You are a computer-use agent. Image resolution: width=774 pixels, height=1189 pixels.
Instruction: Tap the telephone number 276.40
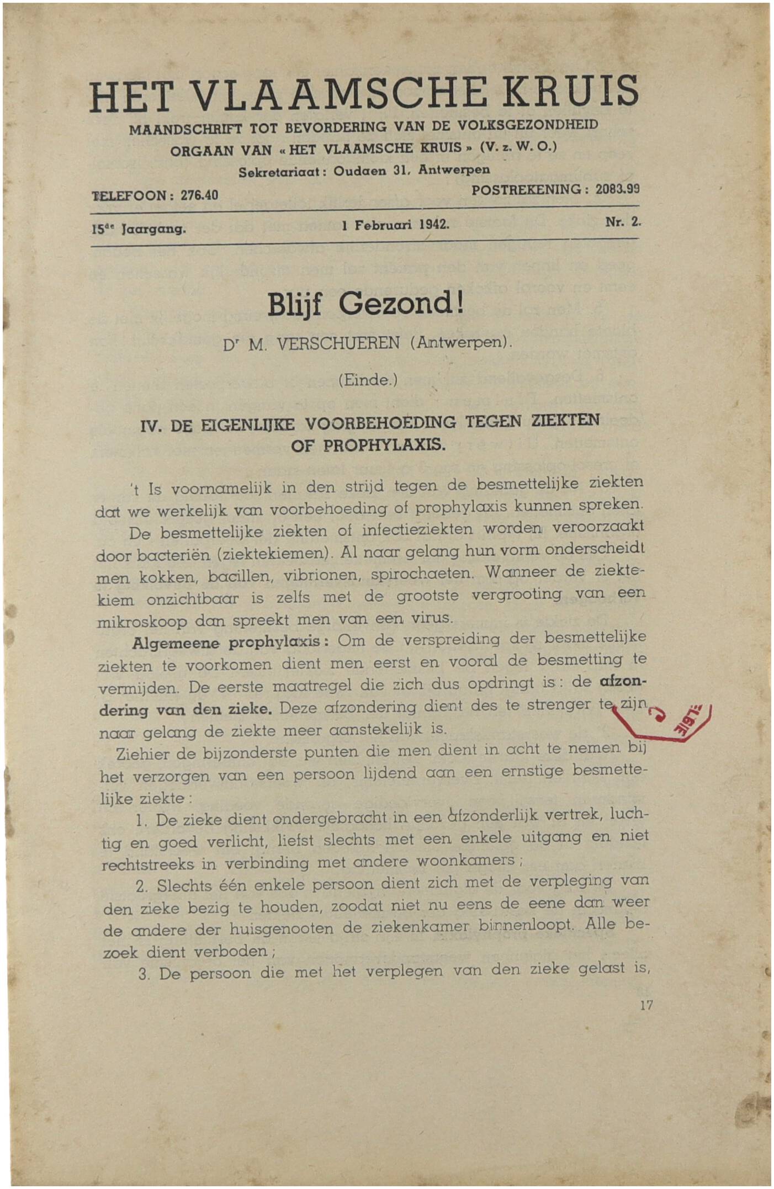pyautogui.click(x=199, y=195)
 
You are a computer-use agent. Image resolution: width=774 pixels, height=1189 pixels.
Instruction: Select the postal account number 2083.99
pyautogui.click(x=617, y=189)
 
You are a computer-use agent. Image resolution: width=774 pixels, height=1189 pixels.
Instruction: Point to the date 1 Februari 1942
pyautogui.click(x=395, y=226)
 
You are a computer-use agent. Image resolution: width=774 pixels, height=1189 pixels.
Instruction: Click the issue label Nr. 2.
pyautogui.click(x=623, y=222)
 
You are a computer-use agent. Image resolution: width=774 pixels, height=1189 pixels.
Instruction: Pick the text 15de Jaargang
pyautogui.click(x=139, y=228)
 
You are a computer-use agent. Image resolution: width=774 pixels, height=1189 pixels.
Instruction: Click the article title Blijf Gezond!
pyautogui.click(x=365, y=304)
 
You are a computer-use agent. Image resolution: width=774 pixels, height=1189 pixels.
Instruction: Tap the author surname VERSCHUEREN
pyautogui.click(x=337, y=344)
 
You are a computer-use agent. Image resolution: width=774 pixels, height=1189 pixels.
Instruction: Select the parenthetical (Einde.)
pyautogui.click(x=367, y=380)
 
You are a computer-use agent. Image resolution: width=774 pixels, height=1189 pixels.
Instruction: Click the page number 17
pyautogui.click(x=646, y=1005)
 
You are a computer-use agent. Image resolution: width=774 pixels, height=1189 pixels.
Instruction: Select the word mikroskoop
pyautogui.click(x=142, y=622)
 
